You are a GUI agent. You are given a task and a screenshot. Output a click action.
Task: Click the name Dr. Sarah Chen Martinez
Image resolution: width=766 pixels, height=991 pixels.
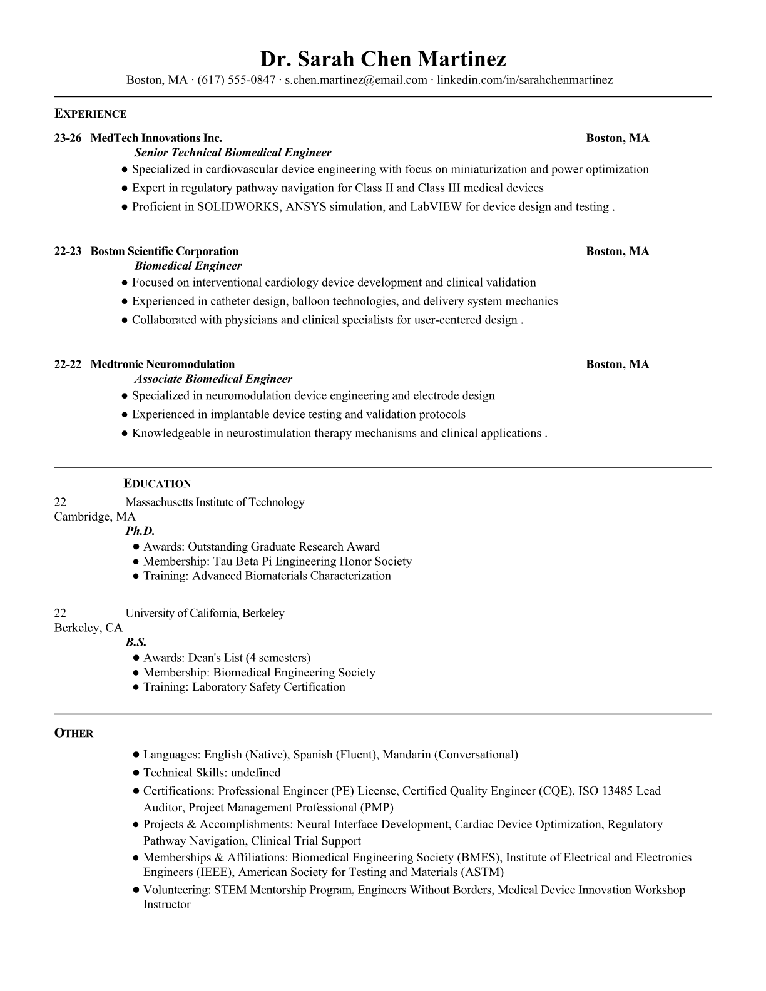(x=383, y=59)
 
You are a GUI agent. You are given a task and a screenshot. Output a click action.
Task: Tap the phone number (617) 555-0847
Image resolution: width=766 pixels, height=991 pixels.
(x=236, y=80)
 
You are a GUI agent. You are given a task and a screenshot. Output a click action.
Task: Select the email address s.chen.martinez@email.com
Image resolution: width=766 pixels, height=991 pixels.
(x=355, y=80)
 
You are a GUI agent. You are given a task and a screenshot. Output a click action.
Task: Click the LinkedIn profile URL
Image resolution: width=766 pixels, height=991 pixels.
(x=524, y=80)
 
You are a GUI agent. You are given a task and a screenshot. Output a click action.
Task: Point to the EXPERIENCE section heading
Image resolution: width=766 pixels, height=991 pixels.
(x=90, y=114)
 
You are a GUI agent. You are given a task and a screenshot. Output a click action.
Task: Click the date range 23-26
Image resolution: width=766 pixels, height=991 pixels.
(x=68, y=138)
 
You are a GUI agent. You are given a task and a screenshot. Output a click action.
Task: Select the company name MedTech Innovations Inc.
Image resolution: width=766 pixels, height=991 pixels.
(x=156, y=138)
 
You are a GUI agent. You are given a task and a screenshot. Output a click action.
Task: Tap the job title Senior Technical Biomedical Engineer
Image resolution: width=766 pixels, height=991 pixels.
(x=233, y=153)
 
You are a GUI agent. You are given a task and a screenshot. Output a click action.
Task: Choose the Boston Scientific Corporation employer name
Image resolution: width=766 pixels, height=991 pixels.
(x=165, y=252)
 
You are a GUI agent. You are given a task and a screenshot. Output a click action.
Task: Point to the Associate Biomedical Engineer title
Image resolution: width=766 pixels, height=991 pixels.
(x=213, y=379)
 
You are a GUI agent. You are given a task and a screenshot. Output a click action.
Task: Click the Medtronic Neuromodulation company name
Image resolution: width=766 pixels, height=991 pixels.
(x=163, y=365)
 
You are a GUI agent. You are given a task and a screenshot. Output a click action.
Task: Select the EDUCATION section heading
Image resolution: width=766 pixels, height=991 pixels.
(x=157, y=484)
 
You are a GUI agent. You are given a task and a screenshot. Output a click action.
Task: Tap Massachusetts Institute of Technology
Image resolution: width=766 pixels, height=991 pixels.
(x=215, y=502)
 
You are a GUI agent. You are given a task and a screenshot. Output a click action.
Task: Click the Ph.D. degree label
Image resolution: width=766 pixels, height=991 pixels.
(x=140, y=531)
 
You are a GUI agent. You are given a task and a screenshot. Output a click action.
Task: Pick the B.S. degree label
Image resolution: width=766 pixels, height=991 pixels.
(x=136, y=642)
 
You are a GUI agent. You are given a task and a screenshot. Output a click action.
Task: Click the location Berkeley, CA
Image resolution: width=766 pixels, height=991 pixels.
(x=88, y=628)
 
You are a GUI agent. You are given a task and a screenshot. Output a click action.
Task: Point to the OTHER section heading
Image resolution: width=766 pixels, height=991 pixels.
(x=74, y=733)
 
